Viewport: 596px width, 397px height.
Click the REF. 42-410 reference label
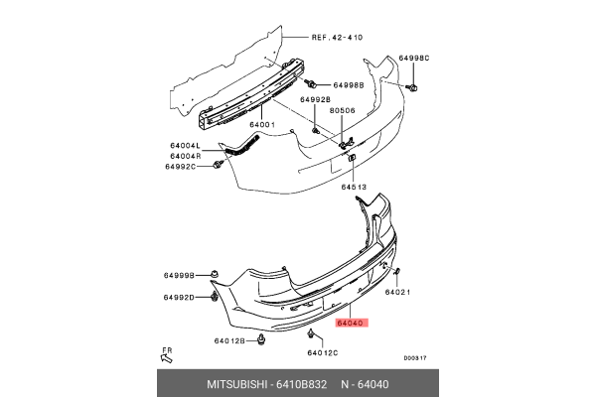point(337,38)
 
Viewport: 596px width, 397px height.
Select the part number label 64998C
point(414,59)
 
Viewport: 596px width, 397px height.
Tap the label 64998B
point(349,85)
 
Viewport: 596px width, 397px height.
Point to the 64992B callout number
point(315,99)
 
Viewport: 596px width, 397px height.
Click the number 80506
point(342,110)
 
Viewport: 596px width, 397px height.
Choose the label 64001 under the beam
point(262,125)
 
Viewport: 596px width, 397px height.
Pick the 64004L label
point(185,146)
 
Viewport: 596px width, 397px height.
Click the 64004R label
point(186,156)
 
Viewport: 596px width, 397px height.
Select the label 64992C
point(180,167)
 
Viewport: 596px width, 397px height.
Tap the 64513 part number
point(354,187)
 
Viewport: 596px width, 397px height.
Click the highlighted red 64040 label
point(352,324)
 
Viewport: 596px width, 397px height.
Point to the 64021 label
point(397,292)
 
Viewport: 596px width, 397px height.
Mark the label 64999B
point(179,275)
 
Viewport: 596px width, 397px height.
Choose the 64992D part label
point(179,297)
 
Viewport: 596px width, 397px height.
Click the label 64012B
point(229,340)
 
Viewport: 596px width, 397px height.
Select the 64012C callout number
point(323,353)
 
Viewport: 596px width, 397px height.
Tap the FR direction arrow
point(167,357)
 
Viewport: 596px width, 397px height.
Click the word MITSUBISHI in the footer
point(237,384)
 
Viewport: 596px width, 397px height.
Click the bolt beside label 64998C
point(413,87)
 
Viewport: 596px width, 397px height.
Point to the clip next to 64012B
point(261,339)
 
